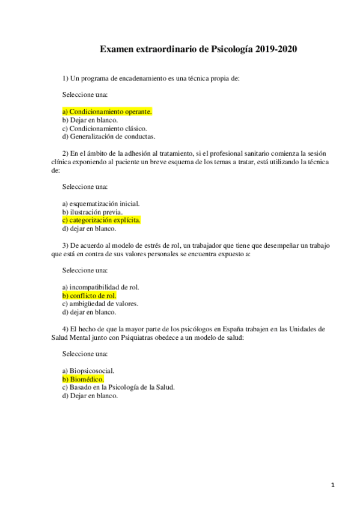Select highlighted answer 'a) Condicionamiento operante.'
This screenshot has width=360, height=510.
(107, 111)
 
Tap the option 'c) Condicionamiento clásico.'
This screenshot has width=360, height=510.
(105, 127)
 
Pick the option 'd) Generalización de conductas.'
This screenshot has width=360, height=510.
(109, 136)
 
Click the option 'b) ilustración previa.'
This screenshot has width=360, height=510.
(93, 212)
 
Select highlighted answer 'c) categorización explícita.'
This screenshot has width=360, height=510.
(101, 220)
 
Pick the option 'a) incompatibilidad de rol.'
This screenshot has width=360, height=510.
(100, 287)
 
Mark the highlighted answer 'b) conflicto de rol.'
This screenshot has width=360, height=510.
(89, 296)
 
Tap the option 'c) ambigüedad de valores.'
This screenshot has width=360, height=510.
(100, 304)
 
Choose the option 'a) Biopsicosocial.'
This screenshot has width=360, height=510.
(88, 371)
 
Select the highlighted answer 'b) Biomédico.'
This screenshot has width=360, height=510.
(83, 379)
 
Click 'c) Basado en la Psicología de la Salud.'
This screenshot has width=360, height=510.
(118, 387)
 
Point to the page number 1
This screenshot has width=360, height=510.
(332, 485)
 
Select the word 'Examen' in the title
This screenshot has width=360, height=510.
(117, 50)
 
